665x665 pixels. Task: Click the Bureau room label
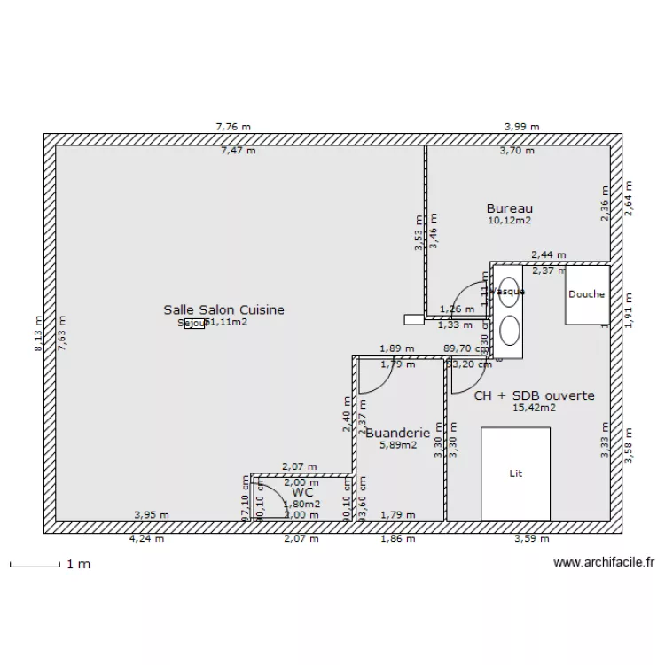tap(509, 208)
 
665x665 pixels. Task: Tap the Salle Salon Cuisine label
tap(223, 309)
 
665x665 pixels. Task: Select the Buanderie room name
tap(397, 434)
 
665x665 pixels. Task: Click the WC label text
tap(302, 491)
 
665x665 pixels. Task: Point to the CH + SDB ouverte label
tap(534, 395)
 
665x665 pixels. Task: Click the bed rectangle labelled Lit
tap(515, 473)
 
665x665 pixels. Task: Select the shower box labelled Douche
tap(586, 295)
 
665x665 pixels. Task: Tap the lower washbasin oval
tap(510, 331)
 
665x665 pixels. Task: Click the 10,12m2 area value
tap(509, 221)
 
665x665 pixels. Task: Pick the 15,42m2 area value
tap(534, 408)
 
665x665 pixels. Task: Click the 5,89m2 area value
tap(397, 445)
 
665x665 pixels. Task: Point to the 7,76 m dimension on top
tap(232, 127)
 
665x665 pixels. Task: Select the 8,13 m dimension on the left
tap(37, 334)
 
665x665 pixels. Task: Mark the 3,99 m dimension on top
tap(521, 127)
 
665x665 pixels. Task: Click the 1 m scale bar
tap(35, 563)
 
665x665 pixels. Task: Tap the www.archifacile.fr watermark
tap(603, 561)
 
